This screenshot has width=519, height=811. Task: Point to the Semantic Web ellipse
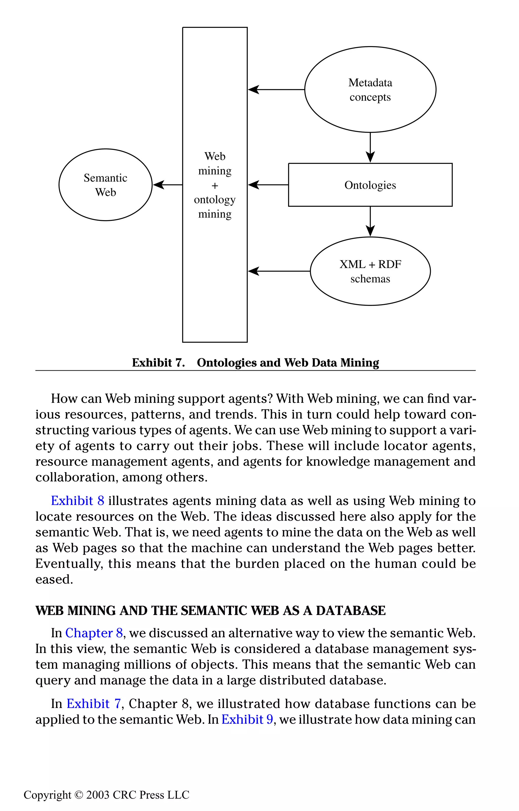tap(105, 185)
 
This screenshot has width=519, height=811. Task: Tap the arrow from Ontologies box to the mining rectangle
tap(268, 185)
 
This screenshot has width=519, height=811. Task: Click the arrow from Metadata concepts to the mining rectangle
tap(276, 90)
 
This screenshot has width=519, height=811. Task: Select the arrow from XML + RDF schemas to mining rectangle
tap(279, 271)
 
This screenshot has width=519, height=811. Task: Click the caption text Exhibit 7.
tap(158, 363)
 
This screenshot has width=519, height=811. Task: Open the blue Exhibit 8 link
tap(78, 501)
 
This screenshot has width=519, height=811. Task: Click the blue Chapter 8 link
tap(94, 633)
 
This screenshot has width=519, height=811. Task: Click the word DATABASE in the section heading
tap(350, 611)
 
